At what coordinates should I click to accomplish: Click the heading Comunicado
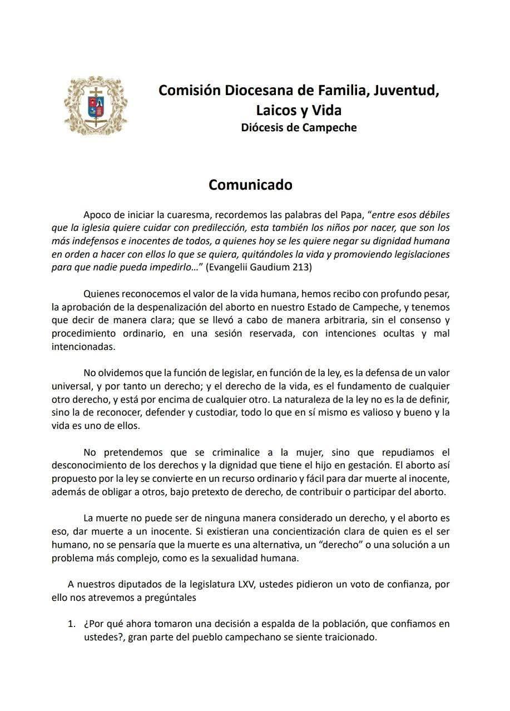tap(250, 185)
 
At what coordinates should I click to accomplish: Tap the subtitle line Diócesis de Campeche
tap(299, 127)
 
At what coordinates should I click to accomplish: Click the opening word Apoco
tap(98, 214)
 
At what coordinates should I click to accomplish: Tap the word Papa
tap(351, 214)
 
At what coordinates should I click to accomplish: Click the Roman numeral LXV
tap(247, 585)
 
